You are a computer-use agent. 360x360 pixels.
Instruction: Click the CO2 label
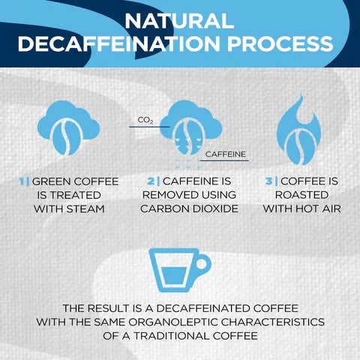click(145, 120)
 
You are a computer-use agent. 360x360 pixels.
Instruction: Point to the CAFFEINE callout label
click(224, 156)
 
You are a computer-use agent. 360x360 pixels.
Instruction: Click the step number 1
click(22, 181)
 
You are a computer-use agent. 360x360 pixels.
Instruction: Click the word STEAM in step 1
click(84, 208)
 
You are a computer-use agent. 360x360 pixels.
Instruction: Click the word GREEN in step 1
click(51, 181)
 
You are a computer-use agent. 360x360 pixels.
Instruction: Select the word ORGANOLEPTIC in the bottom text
click(166, 322)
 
